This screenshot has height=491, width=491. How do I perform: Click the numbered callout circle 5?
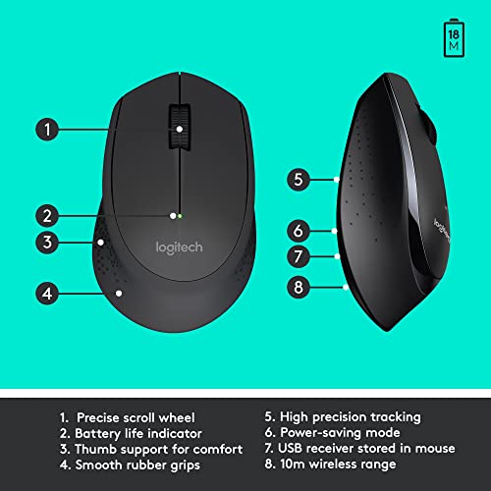click(x=299, y=180)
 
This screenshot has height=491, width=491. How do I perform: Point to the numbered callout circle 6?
click(x=299, y=232)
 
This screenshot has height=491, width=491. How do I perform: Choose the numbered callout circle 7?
click(x=299, y=257)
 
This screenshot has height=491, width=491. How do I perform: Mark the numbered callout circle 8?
click(x=299, y=288)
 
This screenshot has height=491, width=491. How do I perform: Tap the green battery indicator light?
click(x=182, y=214)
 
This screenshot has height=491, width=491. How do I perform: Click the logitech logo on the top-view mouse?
click(x=179, y=247)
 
